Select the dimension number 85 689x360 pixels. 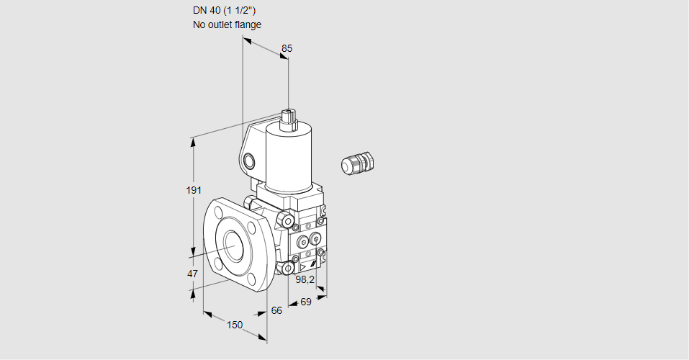[287, 48]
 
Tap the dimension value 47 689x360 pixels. [192, 274]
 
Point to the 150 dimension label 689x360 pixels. [234, 325]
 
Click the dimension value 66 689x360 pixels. [276, 310]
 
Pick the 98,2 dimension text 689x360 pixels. [306, 279]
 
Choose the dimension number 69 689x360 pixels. [305, 302]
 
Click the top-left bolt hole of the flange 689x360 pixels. [217, 212]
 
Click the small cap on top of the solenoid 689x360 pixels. [288, 117]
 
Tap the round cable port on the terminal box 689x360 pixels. [249, 160]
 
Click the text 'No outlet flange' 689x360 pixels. [227, 24]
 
